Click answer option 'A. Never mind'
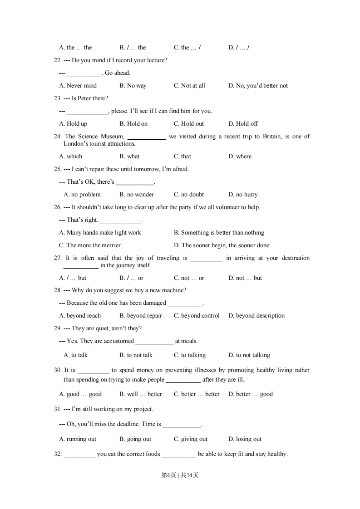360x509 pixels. pyautogui.click(x=78, y=85)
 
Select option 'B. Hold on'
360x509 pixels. pyautogui.click(x=133, y=123)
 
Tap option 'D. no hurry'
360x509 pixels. pyautogui.click(x=243, y=194)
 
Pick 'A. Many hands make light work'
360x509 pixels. pyautogui.click(x=100, y=232)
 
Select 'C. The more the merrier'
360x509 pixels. pyautogui.click(x=90, y=245)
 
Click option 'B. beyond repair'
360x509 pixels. pyautogui.click(x=140, y=315)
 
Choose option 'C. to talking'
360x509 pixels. pyautogui.click(x=189, y=355)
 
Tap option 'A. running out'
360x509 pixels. pyautogui.click(x=78, y=439)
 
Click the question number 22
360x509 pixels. pyautogui.click(x=57, y=60)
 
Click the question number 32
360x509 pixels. pyautogui.click(x=57, y=454)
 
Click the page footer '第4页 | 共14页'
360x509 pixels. pyautogui.click(x=180, y=475)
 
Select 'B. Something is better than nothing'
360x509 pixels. pyautogui.click(x=219, y=232)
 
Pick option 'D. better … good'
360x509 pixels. pyautogui.click(x=250, y=394)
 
